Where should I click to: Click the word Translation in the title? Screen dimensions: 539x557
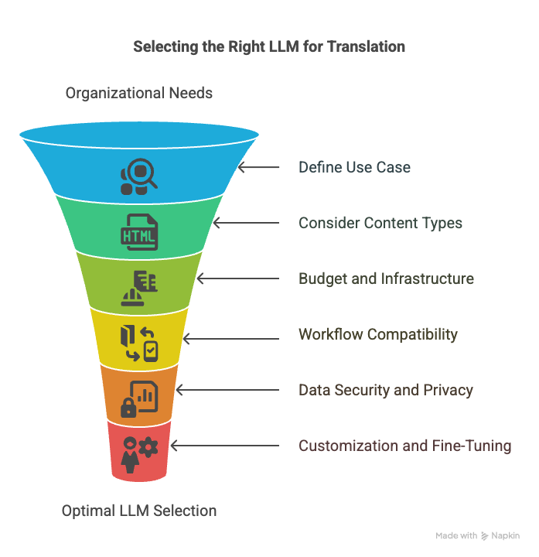366,46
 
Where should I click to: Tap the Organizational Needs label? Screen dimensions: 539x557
139,93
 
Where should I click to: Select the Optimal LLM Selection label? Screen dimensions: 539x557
139,511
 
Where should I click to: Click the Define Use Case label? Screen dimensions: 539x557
354,167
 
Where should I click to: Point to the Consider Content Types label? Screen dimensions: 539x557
380,223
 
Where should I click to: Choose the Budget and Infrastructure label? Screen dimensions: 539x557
387,278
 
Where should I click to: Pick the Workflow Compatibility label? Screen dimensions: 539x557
378,335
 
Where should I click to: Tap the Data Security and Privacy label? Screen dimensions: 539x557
386,390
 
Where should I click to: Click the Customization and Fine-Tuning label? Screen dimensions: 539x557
404,446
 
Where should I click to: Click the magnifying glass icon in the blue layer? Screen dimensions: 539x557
139,176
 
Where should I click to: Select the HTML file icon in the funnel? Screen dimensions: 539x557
139,232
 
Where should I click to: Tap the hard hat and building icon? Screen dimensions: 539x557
139,288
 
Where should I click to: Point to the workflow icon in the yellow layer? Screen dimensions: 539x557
139,343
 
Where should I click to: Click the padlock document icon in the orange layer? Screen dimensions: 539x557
139,399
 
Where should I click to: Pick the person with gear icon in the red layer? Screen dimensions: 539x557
139,455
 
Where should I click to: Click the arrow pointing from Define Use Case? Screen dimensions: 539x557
258,167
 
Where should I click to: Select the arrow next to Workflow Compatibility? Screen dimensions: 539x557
231,339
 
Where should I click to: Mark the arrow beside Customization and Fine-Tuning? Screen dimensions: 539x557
225,446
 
